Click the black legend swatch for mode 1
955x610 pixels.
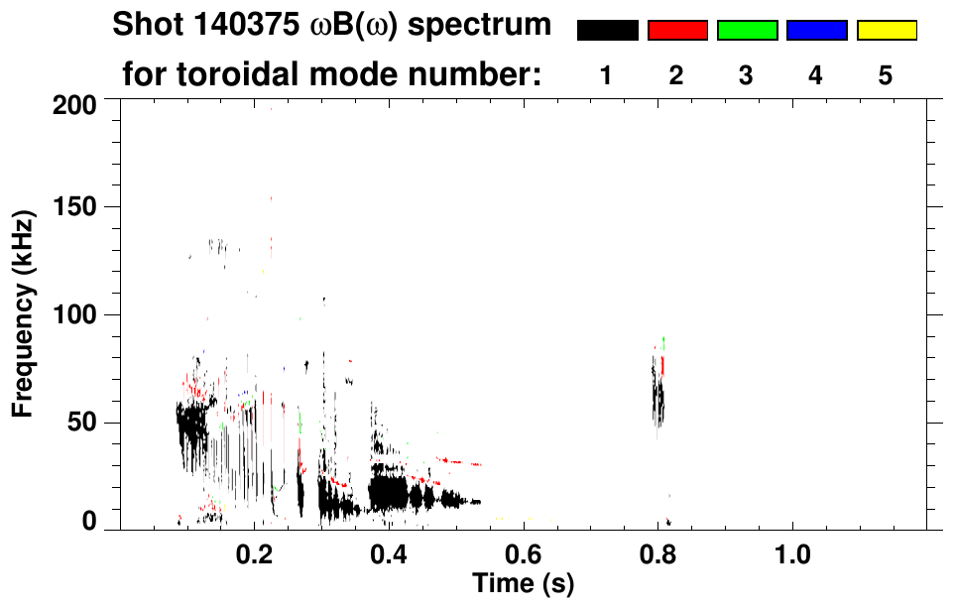(x=607, y=31)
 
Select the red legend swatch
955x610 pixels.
(x=677, y=31)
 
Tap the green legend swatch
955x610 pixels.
(x=747, y=31)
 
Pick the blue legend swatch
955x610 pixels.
(x=816, y=31)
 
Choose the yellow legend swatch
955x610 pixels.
(x=886, y=31)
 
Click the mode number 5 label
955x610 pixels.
(x=886, y=75)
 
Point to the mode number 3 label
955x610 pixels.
(x=746, y=75)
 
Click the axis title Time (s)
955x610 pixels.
(x=523, y=582)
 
